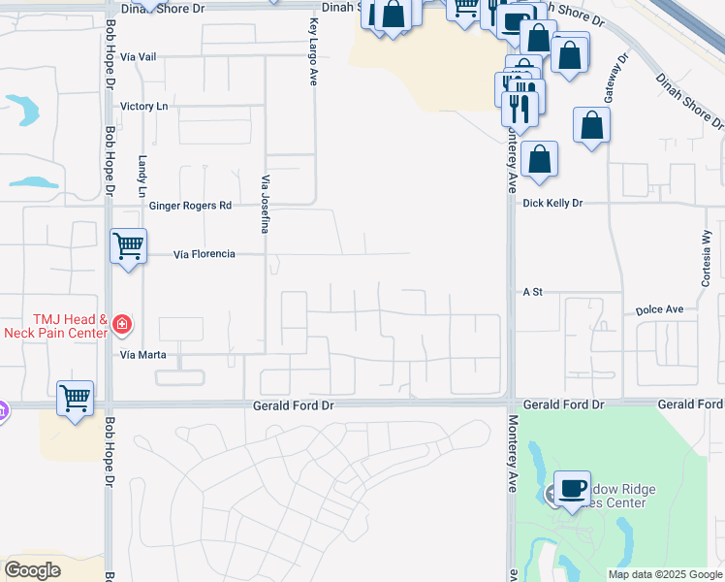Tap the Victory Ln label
click(143, 106)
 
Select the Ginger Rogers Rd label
click(191, 206)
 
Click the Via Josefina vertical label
click(264, 204)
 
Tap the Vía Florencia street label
click(204, 254)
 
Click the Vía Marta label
click(143, 355)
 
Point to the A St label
click(532, 291)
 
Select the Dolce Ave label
click(660, 310)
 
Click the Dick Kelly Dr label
click(552, 204)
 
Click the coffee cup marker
click(572, 489)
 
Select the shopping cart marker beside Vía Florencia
click(128, 246)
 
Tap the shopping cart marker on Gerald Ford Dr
click(75, 398)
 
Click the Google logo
click(32, 570)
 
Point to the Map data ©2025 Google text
click(665, 575)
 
